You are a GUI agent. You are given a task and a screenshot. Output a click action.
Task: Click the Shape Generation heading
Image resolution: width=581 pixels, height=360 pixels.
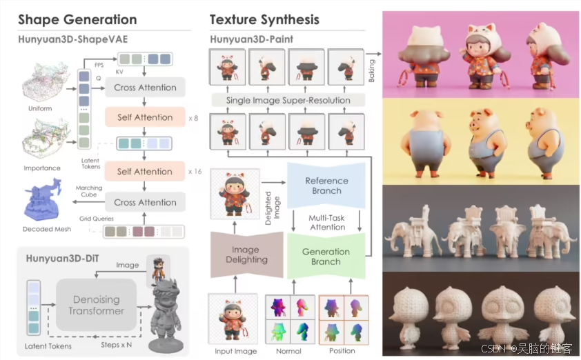tap(77, 19)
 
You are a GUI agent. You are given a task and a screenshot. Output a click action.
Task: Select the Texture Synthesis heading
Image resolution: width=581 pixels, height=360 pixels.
tap(264, 19)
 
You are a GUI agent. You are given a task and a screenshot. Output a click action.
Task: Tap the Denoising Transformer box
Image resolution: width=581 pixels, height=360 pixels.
tap(96, 305)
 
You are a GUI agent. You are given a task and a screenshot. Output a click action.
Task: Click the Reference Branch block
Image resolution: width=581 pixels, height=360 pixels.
tap(326, 186)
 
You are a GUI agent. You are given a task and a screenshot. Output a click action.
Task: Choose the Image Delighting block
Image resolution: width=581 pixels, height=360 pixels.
tap(246, 254)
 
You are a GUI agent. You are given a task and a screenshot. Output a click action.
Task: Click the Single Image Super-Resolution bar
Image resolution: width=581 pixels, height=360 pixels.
tap(288, 101)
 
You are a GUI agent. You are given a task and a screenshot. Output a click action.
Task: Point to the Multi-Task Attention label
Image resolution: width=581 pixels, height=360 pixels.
tap(327, 222)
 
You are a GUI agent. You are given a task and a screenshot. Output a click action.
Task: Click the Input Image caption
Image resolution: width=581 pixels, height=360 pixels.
tap(235, 350)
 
